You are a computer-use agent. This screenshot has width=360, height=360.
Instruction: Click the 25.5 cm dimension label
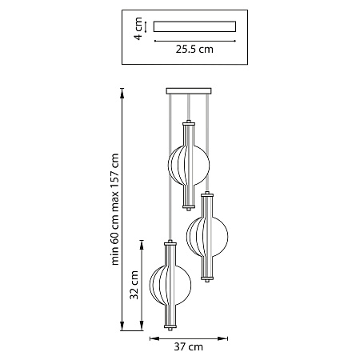194,50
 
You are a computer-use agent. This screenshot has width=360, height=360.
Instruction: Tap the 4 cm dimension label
138,29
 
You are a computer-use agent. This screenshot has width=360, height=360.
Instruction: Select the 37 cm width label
189,347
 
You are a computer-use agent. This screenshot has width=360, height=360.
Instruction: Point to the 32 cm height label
134,285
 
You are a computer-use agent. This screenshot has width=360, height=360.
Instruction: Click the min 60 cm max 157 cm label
114,209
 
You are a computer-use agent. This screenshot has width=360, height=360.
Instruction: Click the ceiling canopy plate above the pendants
189,91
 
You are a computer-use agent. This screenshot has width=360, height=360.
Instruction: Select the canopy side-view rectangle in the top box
194,26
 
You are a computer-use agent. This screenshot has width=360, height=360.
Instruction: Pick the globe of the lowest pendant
170,285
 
